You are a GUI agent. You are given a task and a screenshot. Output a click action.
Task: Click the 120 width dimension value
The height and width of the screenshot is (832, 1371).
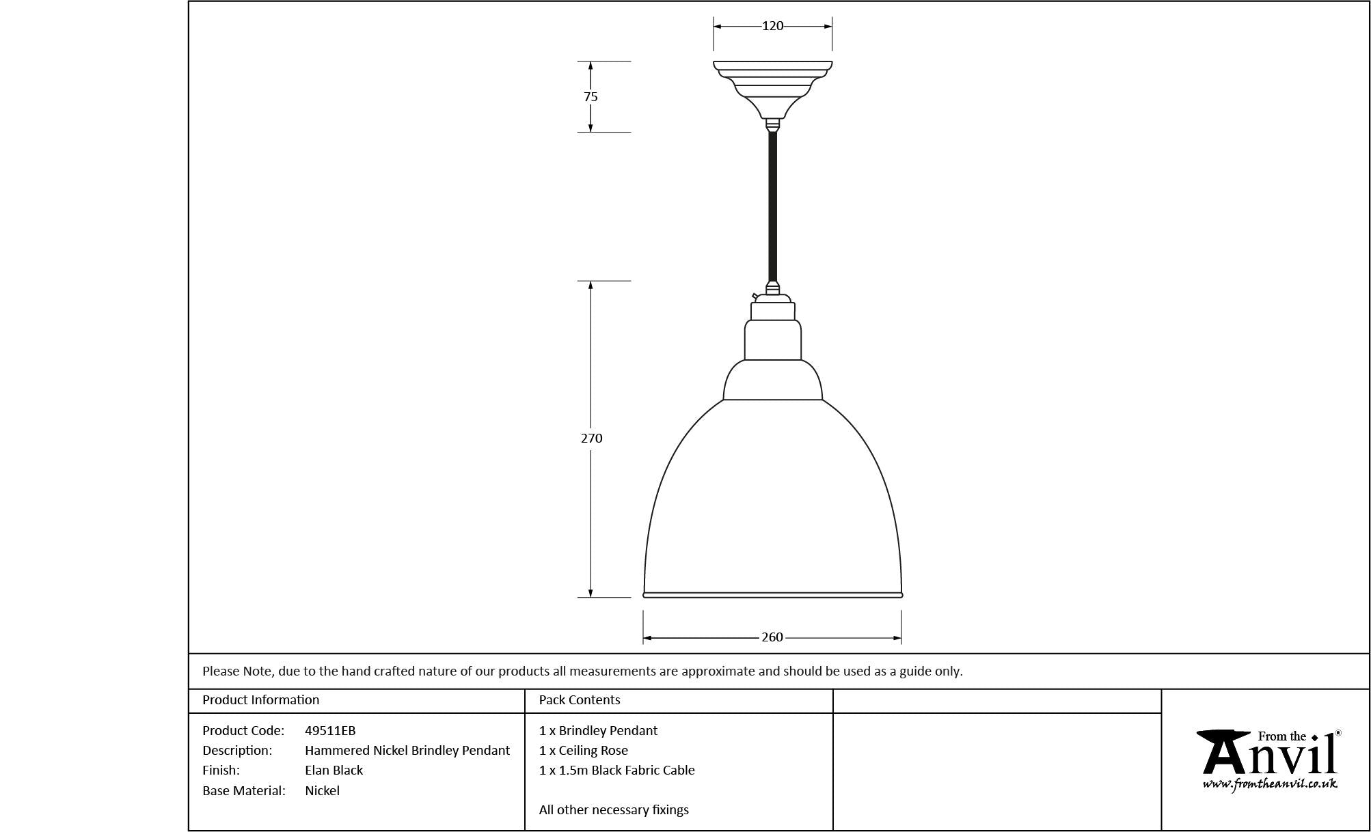(x=772, y=26)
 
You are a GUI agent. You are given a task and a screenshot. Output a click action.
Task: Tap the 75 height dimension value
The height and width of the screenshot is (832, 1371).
(x=591, y=97)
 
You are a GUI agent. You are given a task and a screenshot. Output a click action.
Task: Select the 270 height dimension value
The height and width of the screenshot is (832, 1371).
(x=592, y=439)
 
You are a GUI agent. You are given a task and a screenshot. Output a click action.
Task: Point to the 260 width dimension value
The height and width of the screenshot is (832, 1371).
(x=772, y=637)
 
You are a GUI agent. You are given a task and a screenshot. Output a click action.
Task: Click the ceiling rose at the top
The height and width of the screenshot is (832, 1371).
(x=773, y=89)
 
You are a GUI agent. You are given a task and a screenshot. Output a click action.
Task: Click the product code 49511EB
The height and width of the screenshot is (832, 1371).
(x=330, y=731)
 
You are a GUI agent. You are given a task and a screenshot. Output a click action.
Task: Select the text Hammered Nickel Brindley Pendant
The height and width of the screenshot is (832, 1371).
(x=407, y=751)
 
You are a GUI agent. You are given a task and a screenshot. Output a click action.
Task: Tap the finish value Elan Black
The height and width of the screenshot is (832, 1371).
(x=334, y=771)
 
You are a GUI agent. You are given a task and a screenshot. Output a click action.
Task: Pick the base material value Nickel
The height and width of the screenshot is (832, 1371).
(x=322, y=791)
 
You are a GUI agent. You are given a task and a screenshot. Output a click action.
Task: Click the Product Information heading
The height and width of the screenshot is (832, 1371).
(x=260, y=700)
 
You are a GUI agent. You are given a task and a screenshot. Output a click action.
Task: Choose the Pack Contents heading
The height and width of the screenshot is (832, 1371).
(x=580, y=700)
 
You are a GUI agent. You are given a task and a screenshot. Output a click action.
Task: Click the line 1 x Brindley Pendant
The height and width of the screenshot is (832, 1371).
(x=598, y=731)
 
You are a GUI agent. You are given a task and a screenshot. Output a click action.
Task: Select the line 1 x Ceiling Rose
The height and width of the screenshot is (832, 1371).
(x=583, y=751)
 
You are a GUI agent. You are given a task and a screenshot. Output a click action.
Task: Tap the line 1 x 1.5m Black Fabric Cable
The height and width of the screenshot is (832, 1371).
(x=616, y=771)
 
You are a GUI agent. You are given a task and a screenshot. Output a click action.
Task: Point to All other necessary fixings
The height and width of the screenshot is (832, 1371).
(x=614, y=810)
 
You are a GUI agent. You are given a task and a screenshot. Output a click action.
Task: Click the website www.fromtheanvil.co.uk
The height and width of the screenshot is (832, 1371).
(x=1270, y=784)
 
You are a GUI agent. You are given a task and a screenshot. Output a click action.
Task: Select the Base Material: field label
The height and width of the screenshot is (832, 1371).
(x=243, y=791)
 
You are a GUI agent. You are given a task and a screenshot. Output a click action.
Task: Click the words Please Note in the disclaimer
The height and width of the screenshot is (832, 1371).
(x=238, y=671)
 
